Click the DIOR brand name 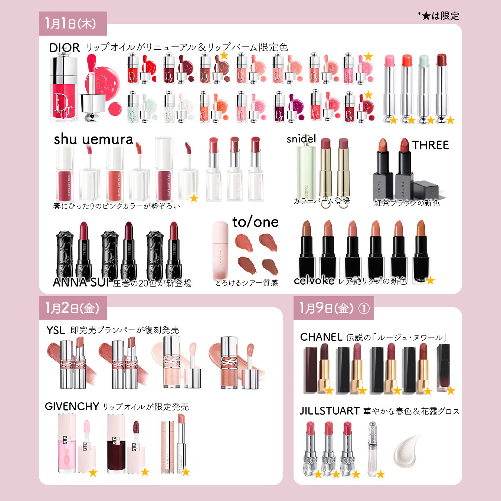[x=65, y=48]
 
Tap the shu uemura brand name [x=94, y=140]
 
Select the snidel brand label [x=301, y=139]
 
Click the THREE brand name [x=430, y=145]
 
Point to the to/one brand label [x=255, y=222]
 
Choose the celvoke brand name [x=314, y=281]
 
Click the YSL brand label [x=56, y=330]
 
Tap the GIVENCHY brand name [x=72, y=406]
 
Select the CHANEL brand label [x=321, y=337]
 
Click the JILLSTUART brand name [x=330, y=411]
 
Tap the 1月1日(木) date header [x=71, y=23]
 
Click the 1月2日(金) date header [x=72, y=308]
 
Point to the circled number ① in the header [x=364, y=308]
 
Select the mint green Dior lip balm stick [x=424, y=88]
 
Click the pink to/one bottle [x=220, y=251]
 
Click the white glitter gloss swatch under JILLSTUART [x=407, y=451]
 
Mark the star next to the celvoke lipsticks [x=430, y=281]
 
